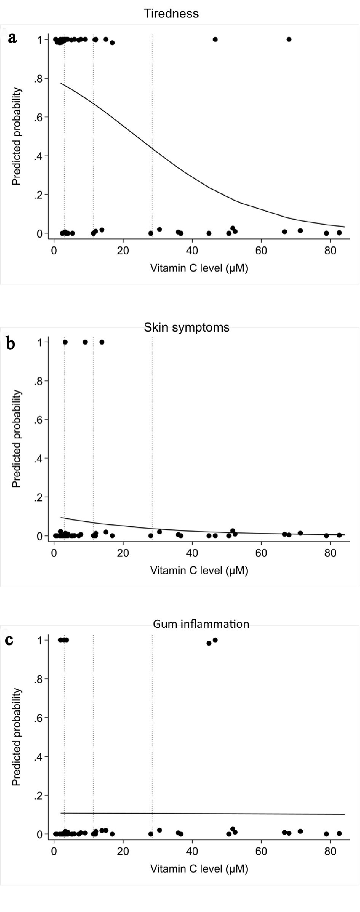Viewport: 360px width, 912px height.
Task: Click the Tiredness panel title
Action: coord(171,14)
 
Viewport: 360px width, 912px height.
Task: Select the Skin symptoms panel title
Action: coord(187,327)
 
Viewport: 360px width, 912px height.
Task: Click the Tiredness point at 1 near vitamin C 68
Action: coord(289,39)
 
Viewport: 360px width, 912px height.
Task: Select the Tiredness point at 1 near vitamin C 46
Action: coord(215,39)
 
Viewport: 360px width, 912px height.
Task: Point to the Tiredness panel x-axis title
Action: coord(199,268)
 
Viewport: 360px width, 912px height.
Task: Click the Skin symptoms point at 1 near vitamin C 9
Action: coord(85,342)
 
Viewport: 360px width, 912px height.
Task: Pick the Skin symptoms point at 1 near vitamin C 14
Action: coord(102,342)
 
